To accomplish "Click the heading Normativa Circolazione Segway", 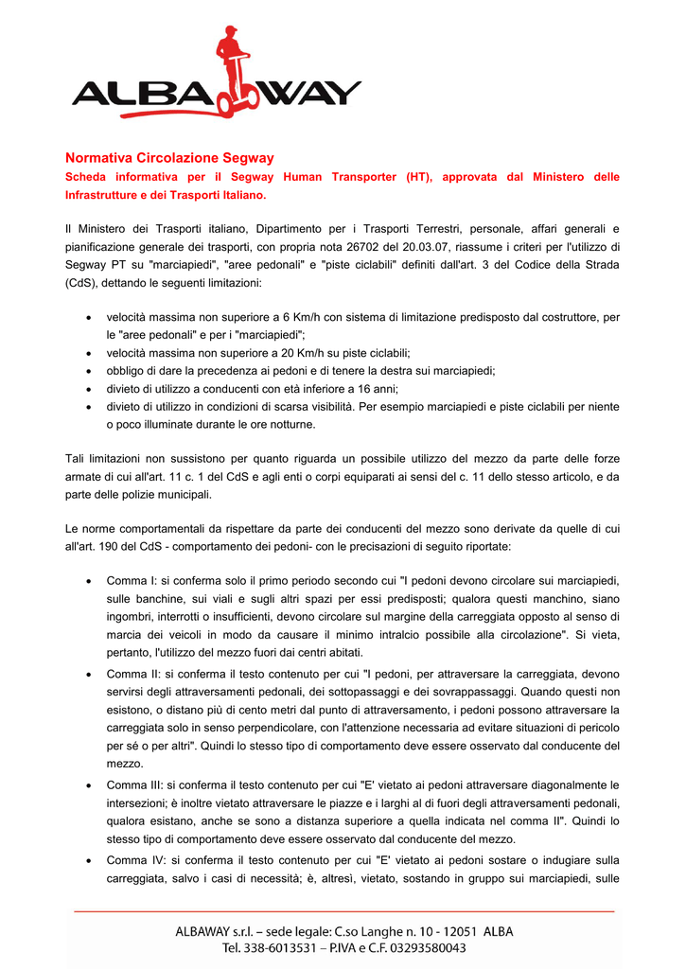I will [168, 158].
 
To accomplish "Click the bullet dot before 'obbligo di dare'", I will [88, 371].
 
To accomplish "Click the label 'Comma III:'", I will [139, 785].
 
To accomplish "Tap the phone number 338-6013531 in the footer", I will [282, 947].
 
